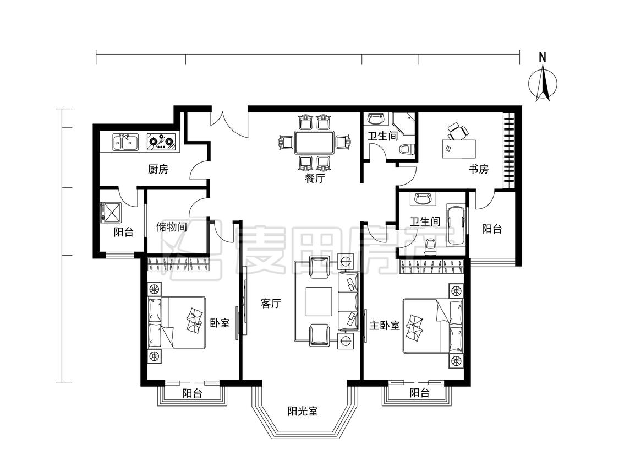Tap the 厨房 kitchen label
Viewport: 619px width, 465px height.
[x=158, y=169]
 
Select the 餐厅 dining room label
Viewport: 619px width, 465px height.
[x=315, y=178]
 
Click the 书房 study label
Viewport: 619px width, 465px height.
[x=479, y=169]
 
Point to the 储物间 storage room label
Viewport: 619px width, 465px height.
[x=171, y=226]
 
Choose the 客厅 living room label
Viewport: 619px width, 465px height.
[x=271, y=303]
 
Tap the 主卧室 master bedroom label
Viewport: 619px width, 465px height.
[x=385, y=326]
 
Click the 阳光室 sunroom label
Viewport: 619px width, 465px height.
[x=303, y=411]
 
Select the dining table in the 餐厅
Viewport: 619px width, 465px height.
[x=315, y=143]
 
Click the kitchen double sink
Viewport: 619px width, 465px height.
[x=125, y=142]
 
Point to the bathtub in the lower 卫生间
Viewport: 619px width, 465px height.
[x=456, y=222]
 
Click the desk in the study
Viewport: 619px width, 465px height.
[x=458, y=149]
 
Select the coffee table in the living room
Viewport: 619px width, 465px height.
[x=319, y=301]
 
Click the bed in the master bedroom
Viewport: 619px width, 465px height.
[x=432, y=326]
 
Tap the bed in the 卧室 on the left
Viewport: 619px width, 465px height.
[x=177, y=323]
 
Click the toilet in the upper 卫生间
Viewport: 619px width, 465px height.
[x=406, y=149]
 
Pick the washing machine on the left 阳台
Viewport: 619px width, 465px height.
[x=111, y=212]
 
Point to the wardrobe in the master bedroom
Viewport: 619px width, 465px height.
[x=432, y=266]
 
